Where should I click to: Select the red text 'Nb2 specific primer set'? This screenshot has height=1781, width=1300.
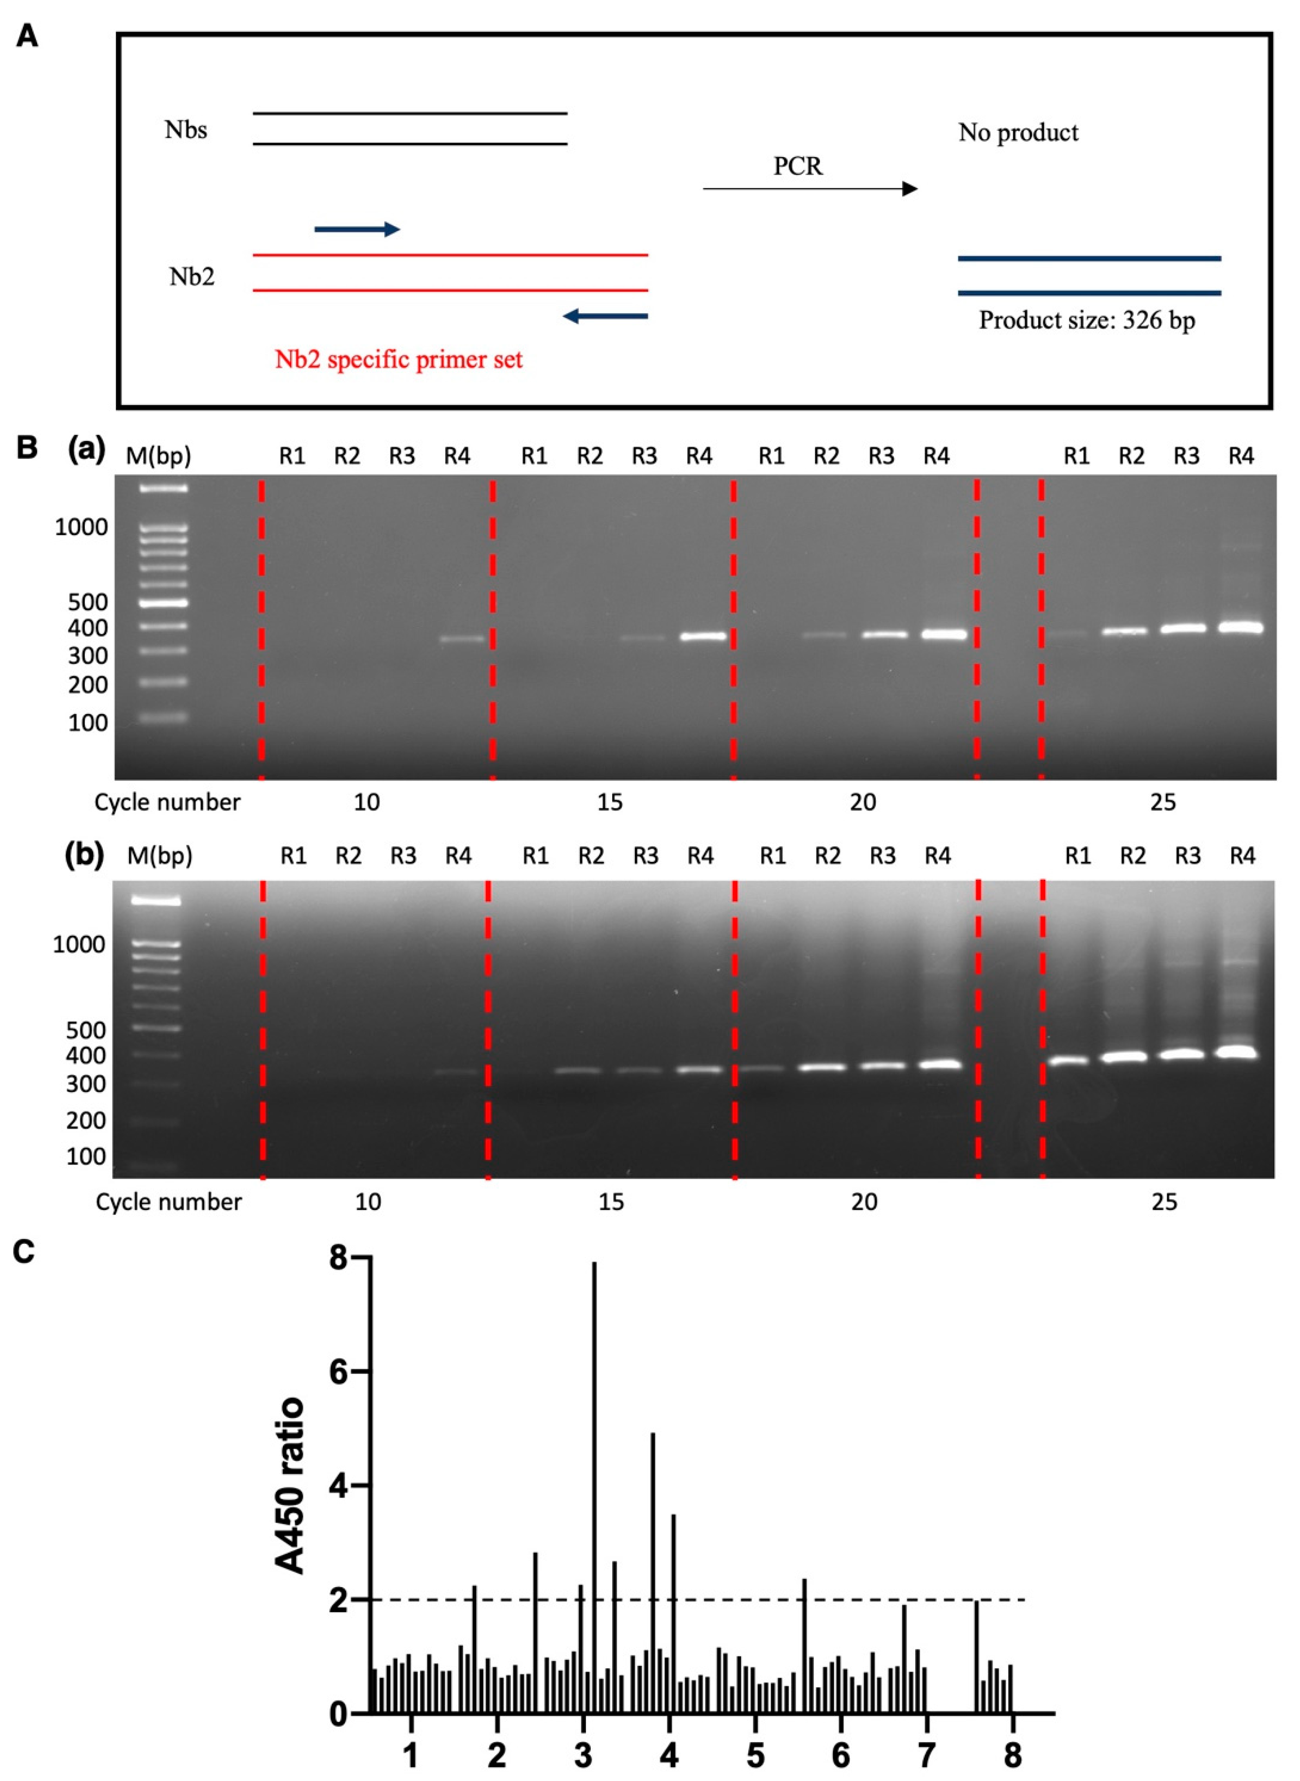pos(398,360)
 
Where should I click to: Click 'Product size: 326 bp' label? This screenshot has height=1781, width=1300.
pos(1087,320)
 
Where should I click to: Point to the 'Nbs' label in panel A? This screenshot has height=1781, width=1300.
pos(186,130)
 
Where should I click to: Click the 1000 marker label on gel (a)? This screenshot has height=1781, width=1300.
pos(81,528)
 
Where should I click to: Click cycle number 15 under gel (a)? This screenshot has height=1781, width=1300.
pos(610,802)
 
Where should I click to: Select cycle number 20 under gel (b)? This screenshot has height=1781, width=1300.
pos(863,1202)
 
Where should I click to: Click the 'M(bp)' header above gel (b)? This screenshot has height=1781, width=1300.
pos(160,855)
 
